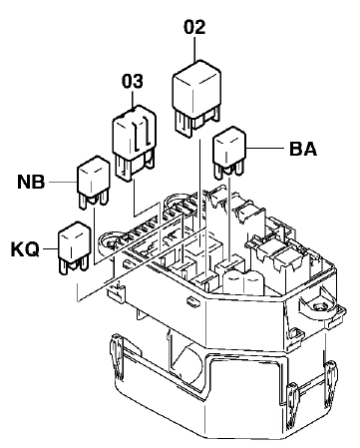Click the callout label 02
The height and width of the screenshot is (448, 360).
click(x=194, y=28)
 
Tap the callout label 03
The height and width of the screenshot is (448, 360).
click(x=133, y=81)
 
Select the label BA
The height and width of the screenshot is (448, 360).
click(x=303, y=149)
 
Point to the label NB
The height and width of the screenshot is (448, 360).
click(x=31, y=182)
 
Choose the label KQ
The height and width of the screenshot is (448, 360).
click(x=25, y=249)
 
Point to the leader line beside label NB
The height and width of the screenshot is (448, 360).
click(x=63, y=183)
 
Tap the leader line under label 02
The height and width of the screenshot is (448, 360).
click(x=194, y=49)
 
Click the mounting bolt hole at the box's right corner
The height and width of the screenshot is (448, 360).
click(x=320, y=306)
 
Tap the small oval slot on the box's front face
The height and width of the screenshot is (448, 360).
click(x=192, y=301)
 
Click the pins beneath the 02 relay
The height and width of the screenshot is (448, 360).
click(x=196, y=121)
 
